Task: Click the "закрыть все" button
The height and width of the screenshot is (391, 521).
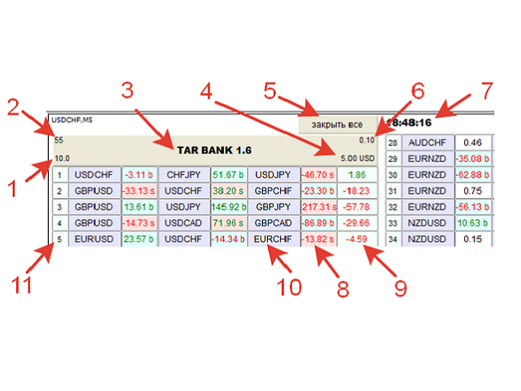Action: coord(338,125)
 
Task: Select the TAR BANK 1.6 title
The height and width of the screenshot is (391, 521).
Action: coord(214,150)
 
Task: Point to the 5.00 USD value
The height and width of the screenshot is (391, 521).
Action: coord(357,159)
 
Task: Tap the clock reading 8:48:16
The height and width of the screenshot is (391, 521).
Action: coord(409,123)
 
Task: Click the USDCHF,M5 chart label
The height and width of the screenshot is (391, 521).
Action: coord(72,120)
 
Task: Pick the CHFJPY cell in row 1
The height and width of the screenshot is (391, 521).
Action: coord(184,175)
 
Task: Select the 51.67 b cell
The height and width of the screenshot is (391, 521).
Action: coord(229,175)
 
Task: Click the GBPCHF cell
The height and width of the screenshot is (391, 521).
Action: coord(274,191)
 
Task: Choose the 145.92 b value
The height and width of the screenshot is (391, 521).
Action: coord(229,207)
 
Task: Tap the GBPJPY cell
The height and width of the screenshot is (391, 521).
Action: coord(274,207)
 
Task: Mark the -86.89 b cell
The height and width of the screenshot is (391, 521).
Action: coord(319,222)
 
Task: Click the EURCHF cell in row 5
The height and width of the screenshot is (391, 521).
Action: coord(274,239)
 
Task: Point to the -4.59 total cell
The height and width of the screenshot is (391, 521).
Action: coord(357,239)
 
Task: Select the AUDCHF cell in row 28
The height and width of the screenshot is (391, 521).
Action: coord(427,143)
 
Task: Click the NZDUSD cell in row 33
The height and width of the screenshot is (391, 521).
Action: coord(427,222)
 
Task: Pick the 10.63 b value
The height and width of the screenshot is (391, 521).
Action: coord(472,222)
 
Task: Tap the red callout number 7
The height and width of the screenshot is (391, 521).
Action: coord(487,90)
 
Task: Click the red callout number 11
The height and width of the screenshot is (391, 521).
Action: coord(22,284)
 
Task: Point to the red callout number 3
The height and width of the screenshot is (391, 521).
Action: coord(127,90)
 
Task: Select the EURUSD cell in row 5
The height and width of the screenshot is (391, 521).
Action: coord(94,239)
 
